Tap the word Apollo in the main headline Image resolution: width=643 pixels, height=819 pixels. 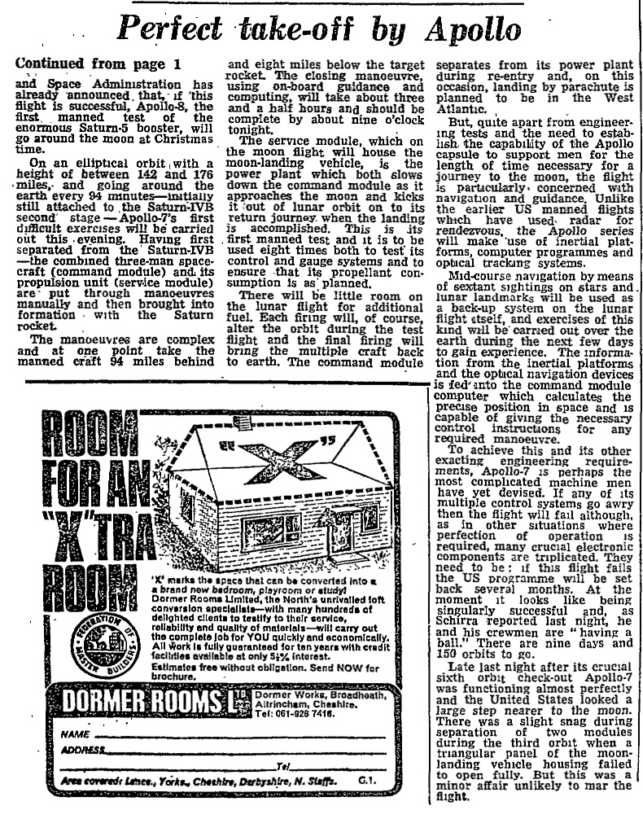pyautogui.click(x=471, y=30)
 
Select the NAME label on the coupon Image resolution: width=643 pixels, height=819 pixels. pyautogui.click(x=75, y=734)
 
